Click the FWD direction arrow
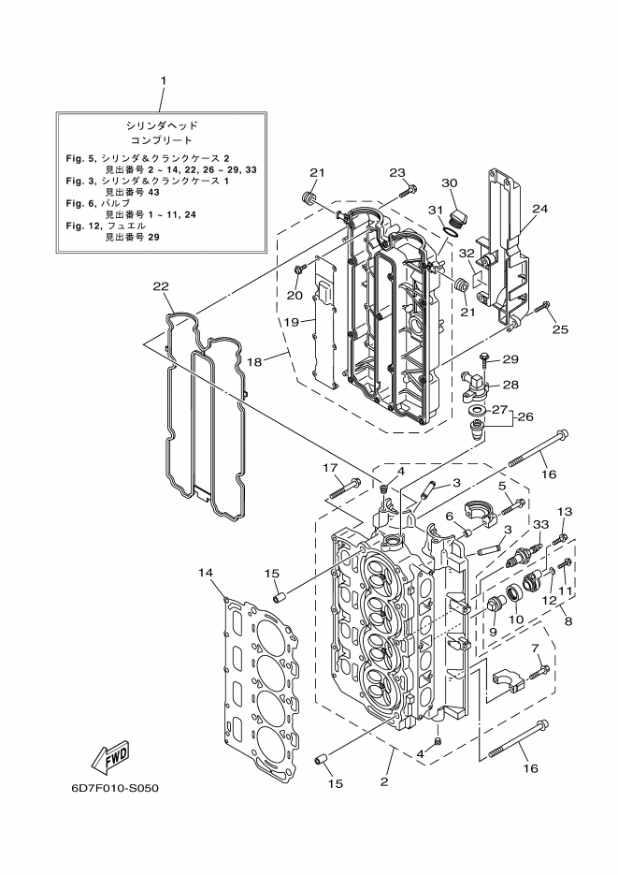108,753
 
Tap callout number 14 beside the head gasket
207,571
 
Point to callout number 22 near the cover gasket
161,285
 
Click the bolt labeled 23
408,192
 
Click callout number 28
510,384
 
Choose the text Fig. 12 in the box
83,226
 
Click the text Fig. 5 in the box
82,159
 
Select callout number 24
539,210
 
